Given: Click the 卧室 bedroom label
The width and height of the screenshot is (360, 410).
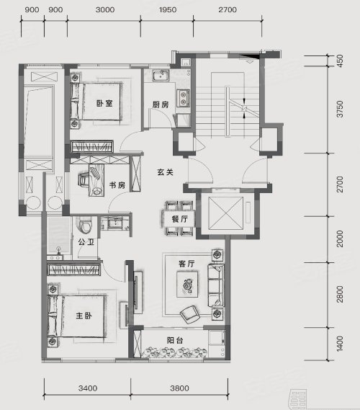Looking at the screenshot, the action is (104, 103).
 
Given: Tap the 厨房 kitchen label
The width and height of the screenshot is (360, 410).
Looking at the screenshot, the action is (161, 104).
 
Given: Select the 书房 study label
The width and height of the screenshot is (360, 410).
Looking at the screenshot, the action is (117, 185).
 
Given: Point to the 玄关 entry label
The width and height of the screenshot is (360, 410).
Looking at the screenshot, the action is (166, 172).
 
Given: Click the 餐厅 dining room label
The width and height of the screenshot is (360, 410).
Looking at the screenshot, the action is (180, 219).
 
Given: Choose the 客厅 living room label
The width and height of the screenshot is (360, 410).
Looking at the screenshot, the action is (186, 264).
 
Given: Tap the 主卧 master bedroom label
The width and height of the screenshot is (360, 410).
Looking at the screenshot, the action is (84, 316).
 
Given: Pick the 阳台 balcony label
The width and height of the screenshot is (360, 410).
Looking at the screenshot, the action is (175, 340).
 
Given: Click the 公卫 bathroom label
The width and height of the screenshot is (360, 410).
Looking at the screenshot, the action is (86, 242).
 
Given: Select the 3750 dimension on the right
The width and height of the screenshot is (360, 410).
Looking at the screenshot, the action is (340, 109).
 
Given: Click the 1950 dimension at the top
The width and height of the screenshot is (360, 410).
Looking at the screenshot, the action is (168, 10).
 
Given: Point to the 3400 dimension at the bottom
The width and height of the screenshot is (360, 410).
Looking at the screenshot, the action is (88, 388).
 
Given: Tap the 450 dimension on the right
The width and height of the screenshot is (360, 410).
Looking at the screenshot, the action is (340, 61).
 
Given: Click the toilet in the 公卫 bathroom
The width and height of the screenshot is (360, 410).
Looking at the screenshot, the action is (84, 225).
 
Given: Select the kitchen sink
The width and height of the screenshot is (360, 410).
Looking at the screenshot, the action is (161, 76).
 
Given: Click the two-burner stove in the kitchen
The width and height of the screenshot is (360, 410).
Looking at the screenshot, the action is (183, 98).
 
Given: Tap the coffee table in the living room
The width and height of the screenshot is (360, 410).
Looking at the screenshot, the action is (187, 284).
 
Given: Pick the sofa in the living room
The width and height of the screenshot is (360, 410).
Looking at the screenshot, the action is (216, 285).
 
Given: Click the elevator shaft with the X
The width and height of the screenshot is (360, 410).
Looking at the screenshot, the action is (226, 213).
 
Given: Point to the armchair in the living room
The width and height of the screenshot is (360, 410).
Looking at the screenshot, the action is (190, 313).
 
